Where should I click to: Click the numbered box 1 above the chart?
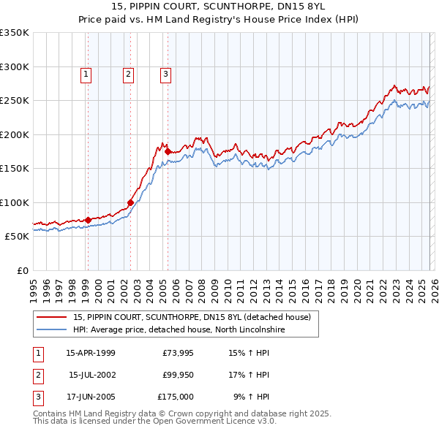point(86,73)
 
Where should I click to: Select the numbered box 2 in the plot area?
point(128,73)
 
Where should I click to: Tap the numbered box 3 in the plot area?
point(165,73)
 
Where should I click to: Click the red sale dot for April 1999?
point(88,220)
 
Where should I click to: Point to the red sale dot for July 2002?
point(130,202)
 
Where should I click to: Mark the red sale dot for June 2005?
point(168,151)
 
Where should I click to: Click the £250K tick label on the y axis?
point(15,101)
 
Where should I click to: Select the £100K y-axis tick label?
point(15,202)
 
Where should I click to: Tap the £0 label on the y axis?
point(22,270)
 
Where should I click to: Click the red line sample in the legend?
point(51,317)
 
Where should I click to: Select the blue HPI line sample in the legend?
point(51,329)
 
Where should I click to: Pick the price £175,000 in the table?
point(176,397)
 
